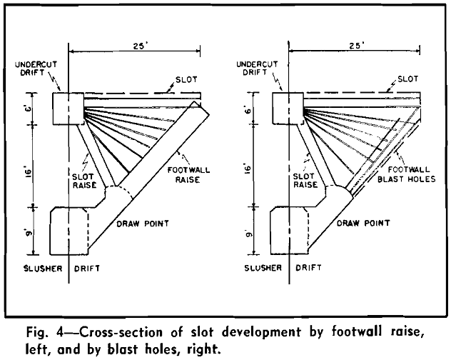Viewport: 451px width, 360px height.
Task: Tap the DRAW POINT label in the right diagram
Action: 360,224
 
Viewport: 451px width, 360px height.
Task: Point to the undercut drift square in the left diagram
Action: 69,107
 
